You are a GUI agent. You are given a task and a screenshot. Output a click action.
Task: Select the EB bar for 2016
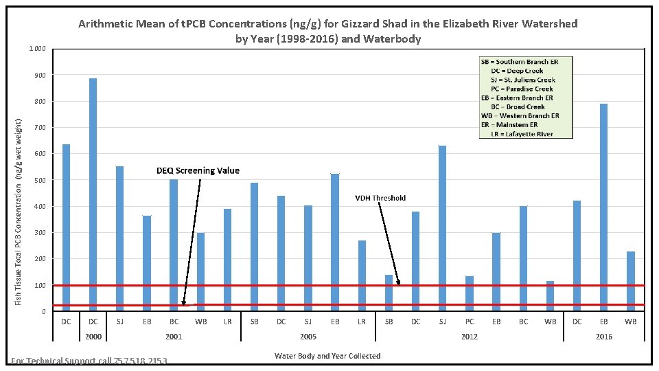click(603, 207)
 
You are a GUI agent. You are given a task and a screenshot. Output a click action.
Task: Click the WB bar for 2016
click(630, 281)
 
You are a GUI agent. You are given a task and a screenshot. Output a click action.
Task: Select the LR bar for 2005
click(362, 276)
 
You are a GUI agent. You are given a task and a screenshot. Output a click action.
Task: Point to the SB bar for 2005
click(254, 247)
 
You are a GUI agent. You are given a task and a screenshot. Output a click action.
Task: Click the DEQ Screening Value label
click(198, 170)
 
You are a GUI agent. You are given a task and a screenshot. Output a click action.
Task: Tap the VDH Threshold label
click(380, 198)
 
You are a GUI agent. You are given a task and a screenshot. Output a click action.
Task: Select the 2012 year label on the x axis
click(469, 337)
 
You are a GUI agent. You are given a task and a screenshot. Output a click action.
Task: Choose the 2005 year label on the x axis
click(308, 337)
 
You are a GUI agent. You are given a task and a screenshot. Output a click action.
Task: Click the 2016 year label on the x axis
click(603, 337)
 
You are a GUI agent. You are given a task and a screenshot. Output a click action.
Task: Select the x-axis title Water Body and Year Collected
click(327, 355)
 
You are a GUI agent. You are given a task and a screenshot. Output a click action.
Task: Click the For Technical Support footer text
click(89, 361)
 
